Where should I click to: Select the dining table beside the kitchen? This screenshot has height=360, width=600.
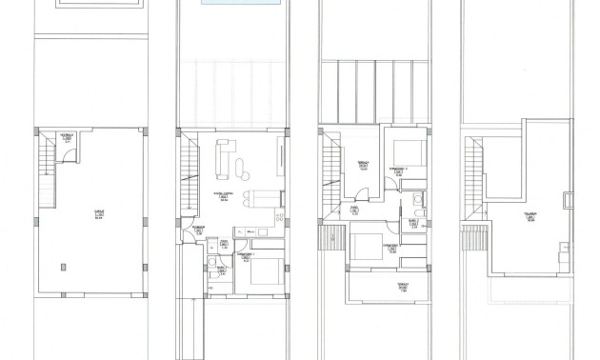(254, 199)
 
